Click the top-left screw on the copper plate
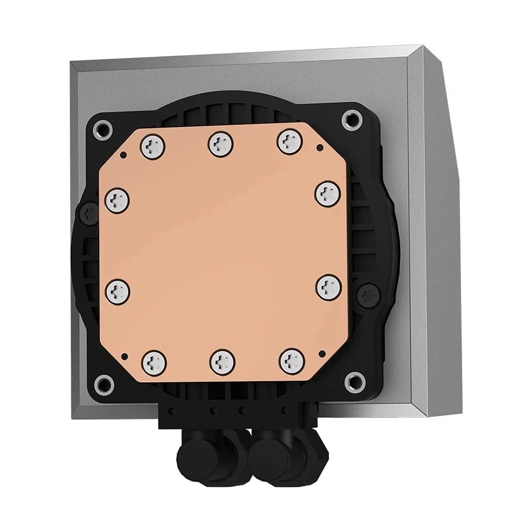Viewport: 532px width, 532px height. (153, 141)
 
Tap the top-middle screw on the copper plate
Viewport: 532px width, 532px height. (220, 141)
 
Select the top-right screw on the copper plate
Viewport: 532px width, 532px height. (290, 141)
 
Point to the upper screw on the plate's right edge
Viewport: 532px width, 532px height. (326, 193)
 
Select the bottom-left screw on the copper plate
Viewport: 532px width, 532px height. (153, 359)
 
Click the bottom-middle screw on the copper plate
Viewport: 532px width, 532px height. (221, 359)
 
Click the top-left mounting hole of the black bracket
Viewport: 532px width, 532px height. (104, 127)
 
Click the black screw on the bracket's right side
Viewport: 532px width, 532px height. (368, 293)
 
